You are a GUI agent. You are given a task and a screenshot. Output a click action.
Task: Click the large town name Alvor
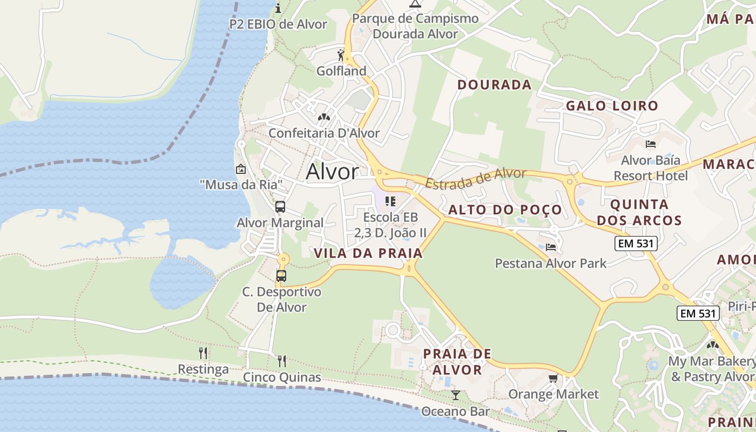click(332, 172)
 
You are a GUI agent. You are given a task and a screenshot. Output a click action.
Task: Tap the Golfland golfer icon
click(341, 55)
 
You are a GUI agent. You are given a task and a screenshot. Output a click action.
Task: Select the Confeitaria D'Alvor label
click(324, 133)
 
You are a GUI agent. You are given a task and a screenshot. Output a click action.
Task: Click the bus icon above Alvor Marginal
click(280, 207)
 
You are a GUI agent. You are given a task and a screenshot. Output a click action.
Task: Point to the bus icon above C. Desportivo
click(281, 276)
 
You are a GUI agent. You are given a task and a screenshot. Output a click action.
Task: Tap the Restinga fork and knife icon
click(203, 353)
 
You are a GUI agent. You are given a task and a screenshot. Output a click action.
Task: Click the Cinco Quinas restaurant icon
click(282, 361)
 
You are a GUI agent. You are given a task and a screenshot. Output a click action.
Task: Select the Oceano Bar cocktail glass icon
click(456, 395)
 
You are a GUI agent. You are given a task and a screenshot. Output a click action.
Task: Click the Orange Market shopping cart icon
click(553, 378)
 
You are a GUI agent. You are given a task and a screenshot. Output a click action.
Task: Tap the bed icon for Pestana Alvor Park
click(551, 247)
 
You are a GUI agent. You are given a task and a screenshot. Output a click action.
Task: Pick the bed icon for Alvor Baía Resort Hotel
click(651, 144)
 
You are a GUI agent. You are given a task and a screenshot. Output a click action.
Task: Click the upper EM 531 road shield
click(636, 244)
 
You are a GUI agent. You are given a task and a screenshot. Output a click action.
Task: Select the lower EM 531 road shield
click(698, 313)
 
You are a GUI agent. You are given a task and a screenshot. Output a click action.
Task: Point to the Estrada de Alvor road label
click(475, 178)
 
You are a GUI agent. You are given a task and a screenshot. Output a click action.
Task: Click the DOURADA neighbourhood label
click(495, 85)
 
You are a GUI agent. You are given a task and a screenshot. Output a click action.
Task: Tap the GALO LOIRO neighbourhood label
click(612, 106)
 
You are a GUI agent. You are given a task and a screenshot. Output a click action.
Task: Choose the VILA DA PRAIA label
click(368, 253)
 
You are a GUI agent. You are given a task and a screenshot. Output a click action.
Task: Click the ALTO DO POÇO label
click(505, 210)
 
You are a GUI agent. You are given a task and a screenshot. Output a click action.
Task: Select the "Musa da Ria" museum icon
click(241, 169)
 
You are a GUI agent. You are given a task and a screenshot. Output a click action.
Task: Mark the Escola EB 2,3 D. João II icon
click(390, 201)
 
